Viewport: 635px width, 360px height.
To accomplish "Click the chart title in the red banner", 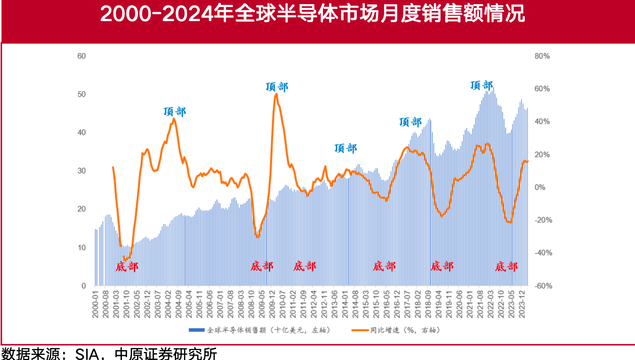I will [x=312, y=14].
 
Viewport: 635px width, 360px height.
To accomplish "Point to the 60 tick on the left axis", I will [x=81, y=56].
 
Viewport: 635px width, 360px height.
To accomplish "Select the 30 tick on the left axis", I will [x=81, y=171].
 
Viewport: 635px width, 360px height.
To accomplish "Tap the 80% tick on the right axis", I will [x=542, y=56].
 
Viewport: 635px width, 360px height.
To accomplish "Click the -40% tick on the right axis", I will [x=543, y=253].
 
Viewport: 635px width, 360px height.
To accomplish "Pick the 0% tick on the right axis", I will [x=540, y=187].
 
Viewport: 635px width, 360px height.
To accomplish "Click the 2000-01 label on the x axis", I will [x=95, y=304].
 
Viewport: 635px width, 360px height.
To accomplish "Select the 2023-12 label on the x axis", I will [x=522, y=304].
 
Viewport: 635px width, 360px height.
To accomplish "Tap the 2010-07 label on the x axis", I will [x=283, y=304].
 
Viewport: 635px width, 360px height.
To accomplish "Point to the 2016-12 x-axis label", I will [x=397, y=304].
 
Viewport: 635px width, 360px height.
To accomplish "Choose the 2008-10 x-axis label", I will [x=251, y=304].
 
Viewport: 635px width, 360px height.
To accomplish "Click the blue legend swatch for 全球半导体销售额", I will [x=196, y=330].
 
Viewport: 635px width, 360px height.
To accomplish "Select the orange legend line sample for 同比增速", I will [x=360, y=330].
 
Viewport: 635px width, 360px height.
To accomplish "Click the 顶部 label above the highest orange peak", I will [x=277, y=87].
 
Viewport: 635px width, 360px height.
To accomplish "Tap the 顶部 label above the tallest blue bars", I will [x=481, y=85].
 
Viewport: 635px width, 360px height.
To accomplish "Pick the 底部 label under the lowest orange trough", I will [x=127, y=266].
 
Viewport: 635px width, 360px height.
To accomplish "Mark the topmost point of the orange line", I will [x=276, y=94].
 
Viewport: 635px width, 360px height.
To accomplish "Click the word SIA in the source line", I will [x=87, y=354].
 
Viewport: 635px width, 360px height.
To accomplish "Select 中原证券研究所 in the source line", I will [x=166, y=354].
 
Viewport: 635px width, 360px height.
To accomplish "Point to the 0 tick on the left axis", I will [x=84, y=286].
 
